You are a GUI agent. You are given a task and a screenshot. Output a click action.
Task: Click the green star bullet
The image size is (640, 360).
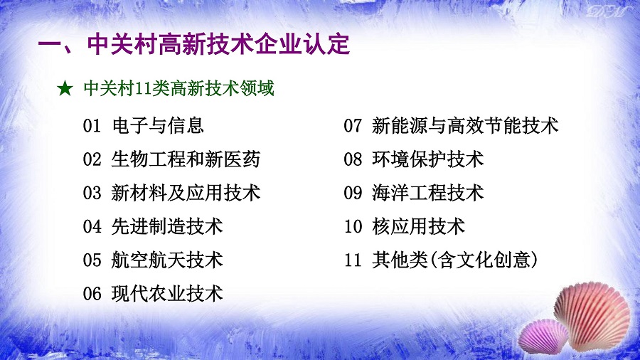click(65, 88)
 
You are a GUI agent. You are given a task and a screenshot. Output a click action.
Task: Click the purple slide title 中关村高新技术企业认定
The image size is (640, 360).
click(219, 44)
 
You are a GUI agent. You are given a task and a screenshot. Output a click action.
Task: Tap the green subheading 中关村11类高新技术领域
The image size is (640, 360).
click(178, 88)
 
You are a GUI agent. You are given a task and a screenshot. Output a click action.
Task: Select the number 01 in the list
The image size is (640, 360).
click(92, 126)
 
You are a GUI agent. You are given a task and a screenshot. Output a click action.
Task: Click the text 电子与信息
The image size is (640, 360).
click(158, 125)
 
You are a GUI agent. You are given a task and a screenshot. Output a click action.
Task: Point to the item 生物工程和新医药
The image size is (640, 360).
click(186, 159)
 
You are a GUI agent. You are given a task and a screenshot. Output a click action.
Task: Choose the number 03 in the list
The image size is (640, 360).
click(92, 193)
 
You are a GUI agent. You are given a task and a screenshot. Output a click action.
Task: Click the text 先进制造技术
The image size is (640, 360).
click(167, 226)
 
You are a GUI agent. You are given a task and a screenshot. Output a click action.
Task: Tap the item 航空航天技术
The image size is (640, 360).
click(167, 260)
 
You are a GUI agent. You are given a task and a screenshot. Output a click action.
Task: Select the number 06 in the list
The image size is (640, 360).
click(92, 294)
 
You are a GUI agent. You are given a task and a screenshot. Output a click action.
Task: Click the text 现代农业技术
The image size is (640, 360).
click(167, 293)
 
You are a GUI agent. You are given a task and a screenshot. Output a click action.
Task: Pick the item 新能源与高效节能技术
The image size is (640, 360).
click(465, 125)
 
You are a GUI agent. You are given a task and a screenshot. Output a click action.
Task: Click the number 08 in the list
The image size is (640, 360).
click(353, 159)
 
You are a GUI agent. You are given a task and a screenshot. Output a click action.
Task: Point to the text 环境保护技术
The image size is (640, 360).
click(428, 159)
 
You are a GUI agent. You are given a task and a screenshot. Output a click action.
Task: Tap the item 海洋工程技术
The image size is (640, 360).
click(428, 193)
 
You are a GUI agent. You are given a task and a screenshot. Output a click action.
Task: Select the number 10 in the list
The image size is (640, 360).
click(353, 226)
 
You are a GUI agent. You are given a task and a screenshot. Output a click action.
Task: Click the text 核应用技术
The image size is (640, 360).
click(418, 226)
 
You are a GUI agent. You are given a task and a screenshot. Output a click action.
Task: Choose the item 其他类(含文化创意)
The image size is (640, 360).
click(455, 260)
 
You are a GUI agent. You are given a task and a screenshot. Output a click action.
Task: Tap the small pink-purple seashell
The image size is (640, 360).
click(543, 337)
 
